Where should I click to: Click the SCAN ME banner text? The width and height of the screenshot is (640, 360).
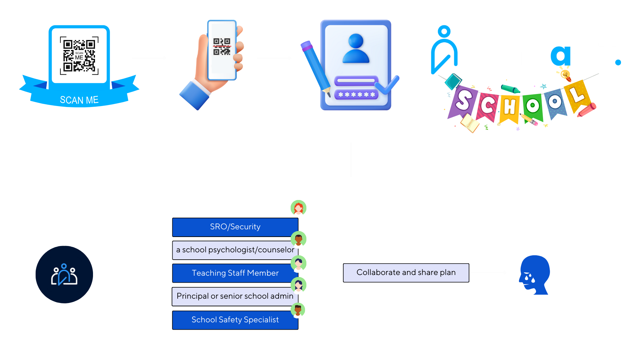pyautogui.click(x=79, y=100)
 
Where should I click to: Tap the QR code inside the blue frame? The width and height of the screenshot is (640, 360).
pyautogui.click(x=79, y=55)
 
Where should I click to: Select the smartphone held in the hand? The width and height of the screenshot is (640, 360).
pyautogui.click(x=222, y=50)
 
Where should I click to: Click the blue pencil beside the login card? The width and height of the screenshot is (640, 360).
pyautogui.click(x=315, y=67)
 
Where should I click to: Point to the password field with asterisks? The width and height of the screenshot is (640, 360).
pyautogui.click(x=356, y=95)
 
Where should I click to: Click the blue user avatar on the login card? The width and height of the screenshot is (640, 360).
pyautogui.click(x=356, y=49)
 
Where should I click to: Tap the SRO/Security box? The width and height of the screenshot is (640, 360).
pyautogui.click(x=235, y=227)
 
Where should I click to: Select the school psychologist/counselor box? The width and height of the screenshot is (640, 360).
pyautogui.click(x=235, y=250)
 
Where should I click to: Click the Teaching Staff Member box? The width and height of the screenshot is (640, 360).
pyautogui.click(x=235, y=273)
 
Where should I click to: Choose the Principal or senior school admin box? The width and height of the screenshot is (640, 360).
pyautogui.click(x=235, y=296)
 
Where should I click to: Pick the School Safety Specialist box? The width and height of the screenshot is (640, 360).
pyautogui.click(x=235, y=320)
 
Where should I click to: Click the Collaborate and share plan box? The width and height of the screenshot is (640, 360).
pyautogui.click(x=406, y=273)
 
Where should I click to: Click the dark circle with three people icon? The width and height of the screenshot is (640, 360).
pyautogui.click(x=64, y=275)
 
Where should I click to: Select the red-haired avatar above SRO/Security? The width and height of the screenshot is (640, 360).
pyautogui.click(x=299, y=209)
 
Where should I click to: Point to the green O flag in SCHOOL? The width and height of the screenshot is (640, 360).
pyautogui.click(x=533, y=106)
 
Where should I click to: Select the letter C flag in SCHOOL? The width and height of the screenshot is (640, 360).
pyautogui.click(x=487, y=106)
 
